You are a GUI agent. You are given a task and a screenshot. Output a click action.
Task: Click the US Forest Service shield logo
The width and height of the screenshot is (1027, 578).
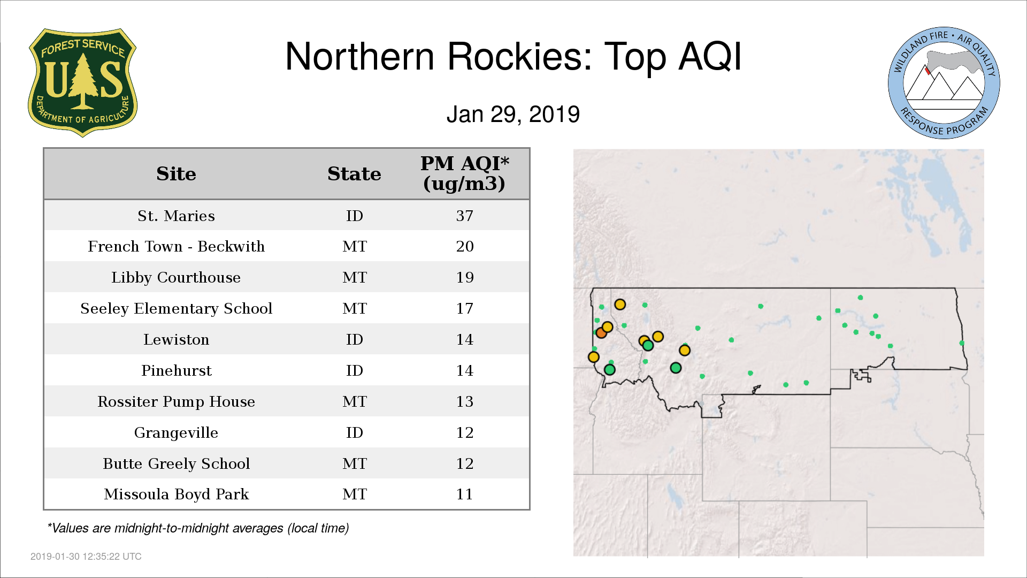coord(82,83)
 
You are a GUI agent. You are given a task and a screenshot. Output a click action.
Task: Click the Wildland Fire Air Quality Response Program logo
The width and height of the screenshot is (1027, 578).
coord(944,83)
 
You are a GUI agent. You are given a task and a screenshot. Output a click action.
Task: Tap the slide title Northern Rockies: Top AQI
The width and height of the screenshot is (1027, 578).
coord(513,56)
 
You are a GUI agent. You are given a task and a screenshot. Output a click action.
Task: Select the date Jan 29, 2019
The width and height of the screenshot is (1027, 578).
coord(513,114)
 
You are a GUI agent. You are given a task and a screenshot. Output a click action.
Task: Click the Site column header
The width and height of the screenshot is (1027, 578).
coord(176,174)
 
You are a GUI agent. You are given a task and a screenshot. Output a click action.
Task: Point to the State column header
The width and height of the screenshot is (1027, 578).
coord(354,174)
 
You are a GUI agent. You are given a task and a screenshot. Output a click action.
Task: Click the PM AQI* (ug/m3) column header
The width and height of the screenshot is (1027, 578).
coord(464,173)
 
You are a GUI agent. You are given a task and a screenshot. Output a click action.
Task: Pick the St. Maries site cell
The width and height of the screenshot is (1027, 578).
coord(176,216)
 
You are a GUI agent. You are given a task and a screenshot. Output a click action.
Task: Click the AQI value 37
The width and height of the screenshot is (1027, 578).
coord(464,216)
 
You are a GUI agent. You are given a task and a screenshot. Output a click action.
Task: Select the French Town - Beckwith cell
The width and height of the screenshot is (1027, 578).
coord(176,246)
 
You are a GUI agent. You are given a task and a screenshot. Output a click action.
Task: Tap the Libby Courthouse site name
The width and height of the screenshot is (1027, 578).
coord(176,277)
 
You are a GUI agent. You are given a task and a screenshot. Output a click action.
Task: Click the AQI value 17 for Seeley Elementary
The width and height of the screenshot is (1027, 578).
coord(464,308)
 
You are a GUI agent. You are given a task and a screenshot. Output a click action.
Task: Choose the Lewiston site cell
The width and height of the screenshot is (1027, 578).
coord(176,339)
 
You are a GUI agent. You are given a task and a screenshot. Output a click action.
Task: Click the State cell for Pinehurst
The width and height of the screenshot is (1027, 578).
coord(354,370)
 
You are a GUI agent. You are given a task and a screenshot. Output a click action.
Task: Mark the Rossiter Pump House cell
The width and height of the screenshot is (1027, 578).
coord(176,401)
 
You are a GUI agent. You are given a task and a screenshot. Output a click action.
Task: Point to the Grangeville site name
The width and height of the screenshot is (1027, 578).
coord(176,432)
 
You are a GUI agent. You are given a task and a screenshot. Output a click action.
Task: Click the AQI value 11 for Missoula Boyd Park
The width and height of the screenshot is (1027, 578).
coord(464,494)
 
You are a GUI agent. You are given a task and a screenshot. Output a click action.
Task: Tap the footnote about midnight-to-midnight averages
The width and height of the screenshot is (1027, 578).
coord(198,528)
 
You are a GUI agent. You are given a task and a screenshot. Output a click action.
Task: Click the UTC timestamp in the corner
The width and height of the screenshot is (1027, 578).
coord(86,557)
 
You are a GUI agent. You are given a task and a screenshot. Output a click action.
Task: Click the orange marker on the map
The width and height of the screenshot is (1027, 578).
coord(601,333)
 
